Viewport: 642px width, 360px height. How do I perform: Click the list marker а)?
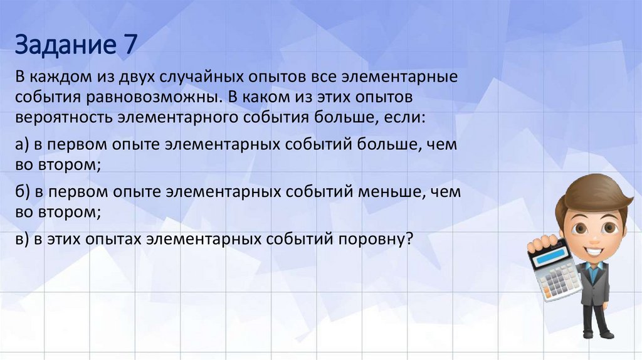click(23, 145)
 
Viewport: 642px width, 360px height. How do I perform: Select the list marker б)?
click(23, 192)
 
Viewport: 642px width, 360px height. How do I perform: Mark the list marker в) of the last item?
click(23, 239)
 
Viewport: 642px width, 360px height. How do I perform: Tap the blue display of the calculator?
click(547, 254)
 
